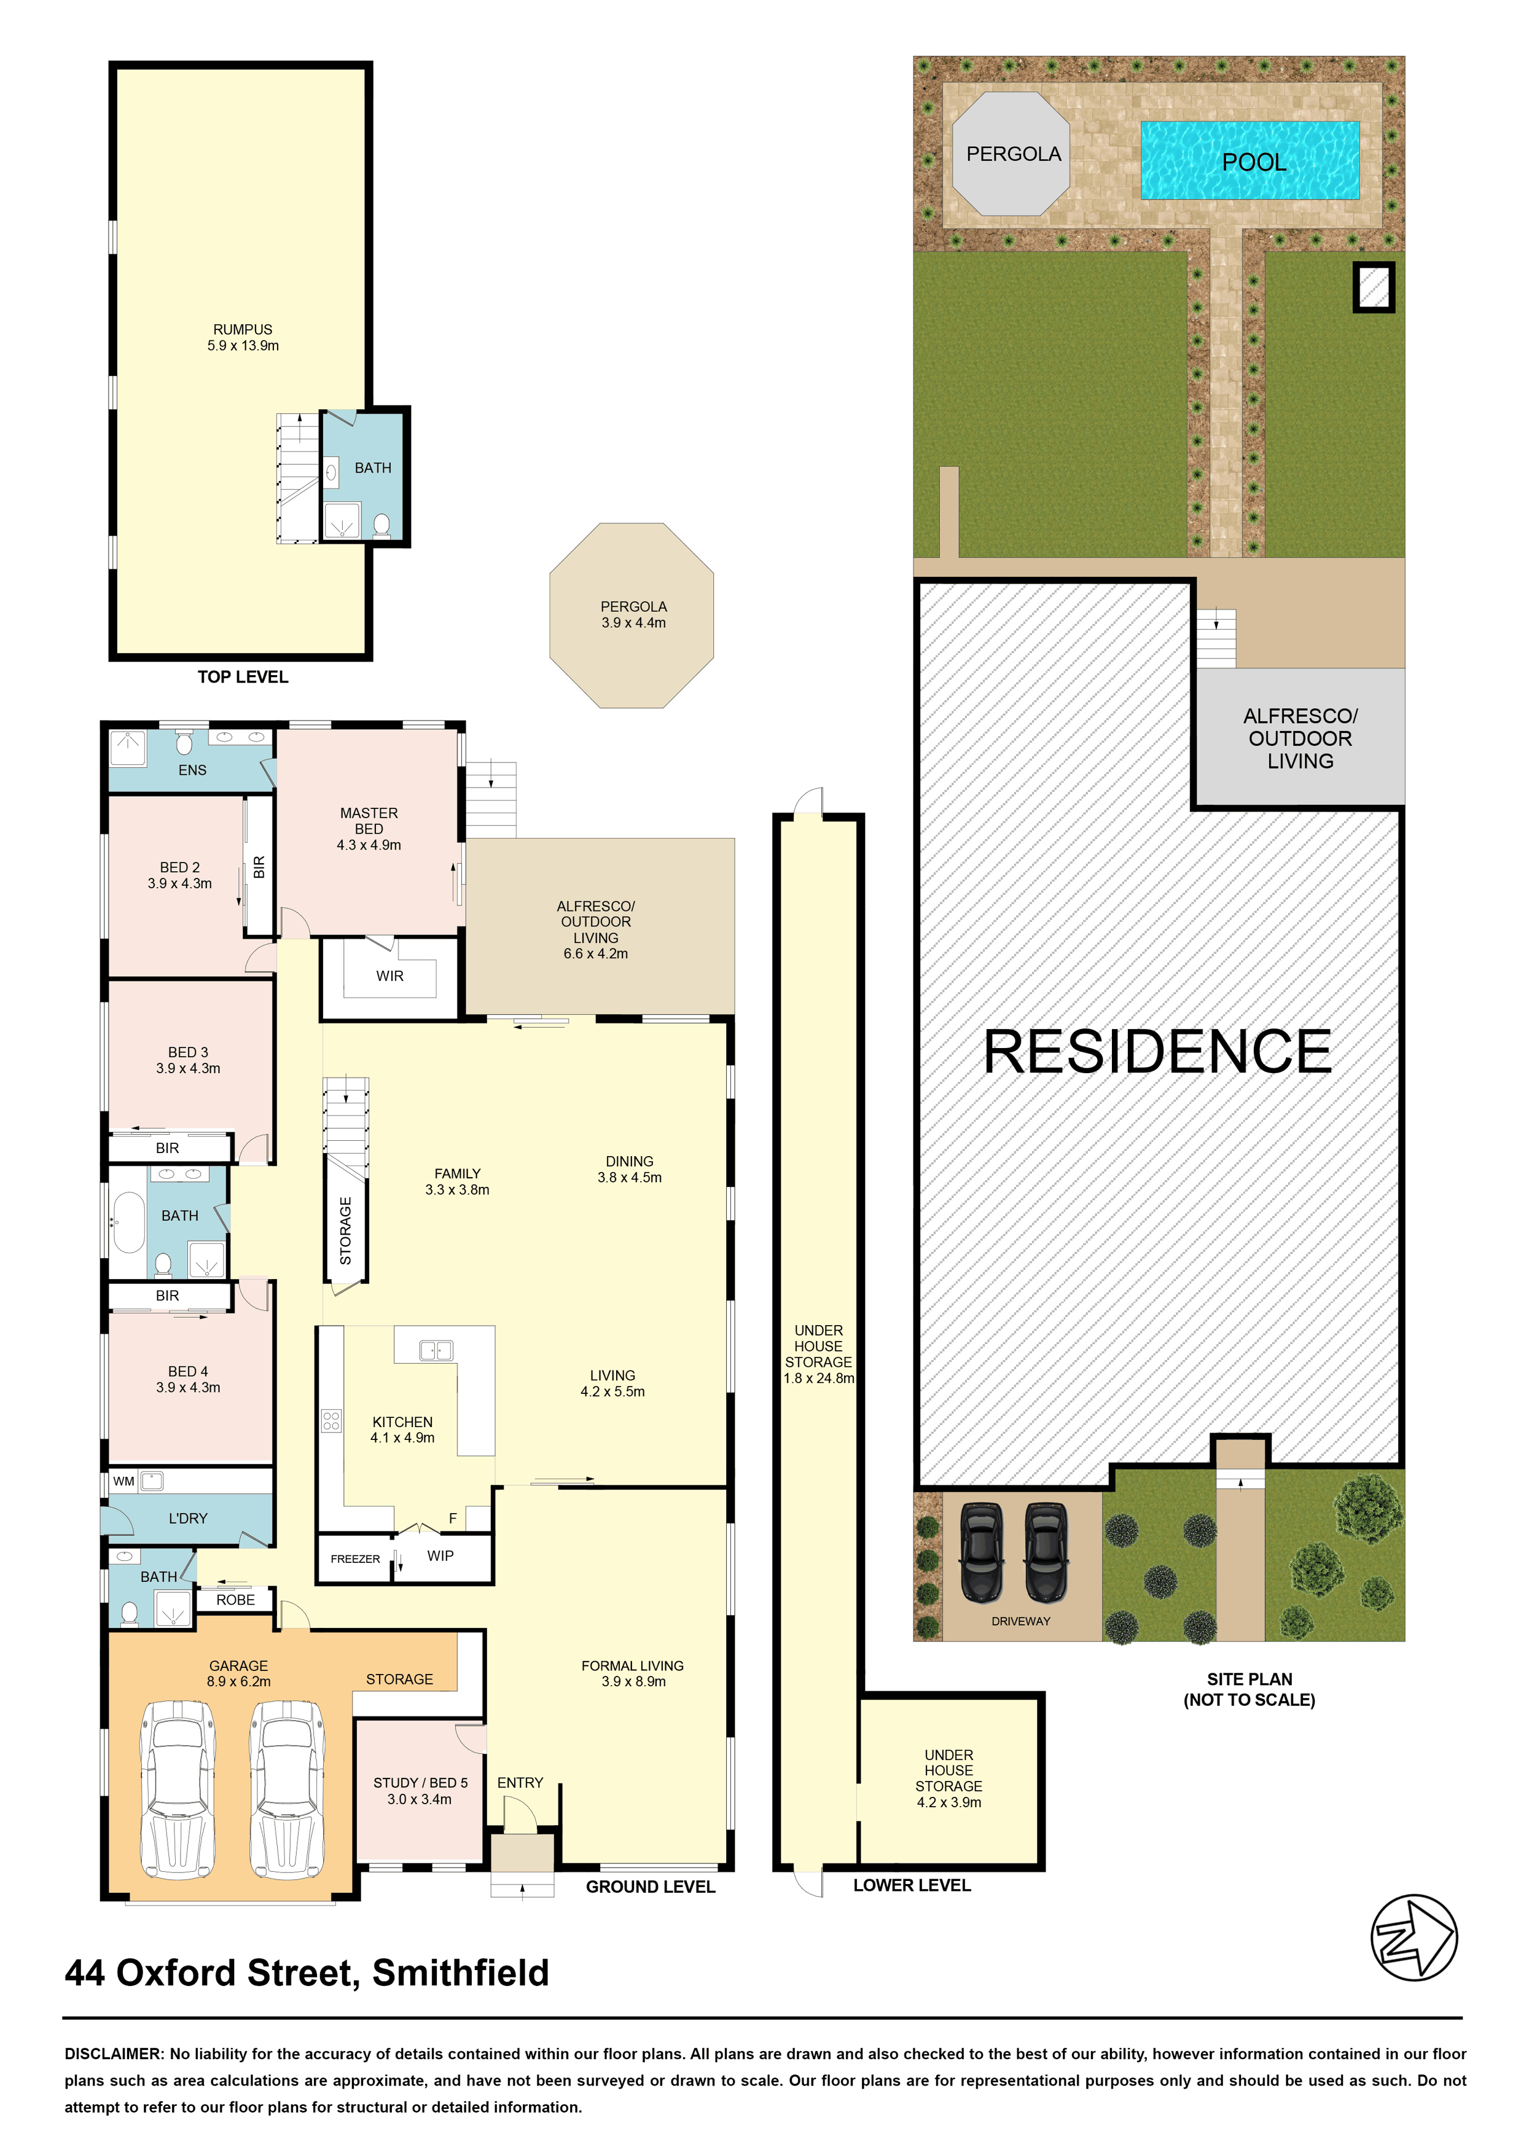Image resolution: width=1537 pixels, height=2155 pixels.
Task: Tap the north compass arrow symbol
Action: pyautogui.click(x=1414, y=1938)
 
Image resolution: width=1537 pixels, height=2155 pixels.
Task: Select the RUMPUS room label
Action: pyautogui.click(x=242, y=329)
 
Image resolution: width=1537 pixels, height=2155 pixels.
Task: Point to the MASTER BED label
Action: pyautogui.click(x=369, y=821)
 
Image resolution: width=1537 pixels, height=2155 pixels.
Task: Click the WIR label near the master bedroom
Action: pyautogui.click(x=390, y=976)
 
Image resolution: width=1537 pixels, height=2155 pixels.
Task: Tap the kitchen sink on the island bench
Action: pyautogui.click(x=436, y=1350)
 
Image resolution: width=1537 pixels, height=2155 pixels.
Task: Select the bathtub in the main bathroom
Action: pyautogui.click(x=129, y=1222)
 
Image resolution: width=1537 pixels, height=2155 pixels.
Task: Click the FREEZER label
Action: pyautogui.click(x=355, y=1559)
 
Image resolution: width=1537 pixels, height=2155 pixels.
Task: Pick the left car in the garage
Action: pyautogui.click(x=178, y=1789)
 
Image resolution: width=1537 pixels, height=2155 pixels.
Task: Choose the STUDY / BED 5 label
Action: pyautogui.click(x=420, y=1783)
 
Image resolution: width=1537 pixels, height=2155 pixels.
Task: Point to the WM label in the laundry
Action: pyautogui.click(x=123, y=1481)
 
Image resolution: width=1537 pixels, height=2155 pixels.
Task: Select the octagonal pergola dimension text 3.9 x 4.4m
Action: pyautogui.click(x=633, y=623)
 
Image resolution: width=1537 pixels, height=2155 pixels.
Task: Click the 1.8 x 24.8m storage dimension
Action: pyautogui.click(x=819, y=1378)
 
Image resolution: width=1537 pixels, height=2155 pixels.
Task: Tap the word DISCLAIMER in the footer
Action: pyautogui.click(x=114, y=2054)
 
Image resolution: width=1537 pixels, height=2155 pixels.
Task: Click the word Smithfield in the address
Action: pyautogui.click(x=460, y=1973)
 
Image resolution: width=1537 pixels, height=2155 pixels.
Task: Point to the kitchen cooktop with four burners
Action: pyautogui.click(x=331, y=1420)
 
